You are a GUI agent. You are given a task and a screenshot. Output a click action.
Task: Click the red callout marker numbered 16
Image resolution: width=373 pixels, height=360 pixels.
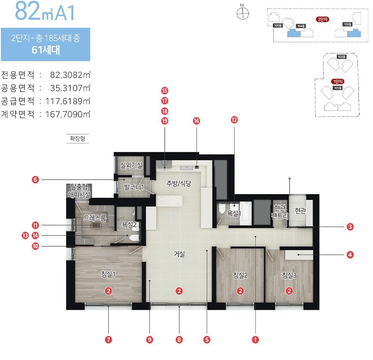pos(196,121)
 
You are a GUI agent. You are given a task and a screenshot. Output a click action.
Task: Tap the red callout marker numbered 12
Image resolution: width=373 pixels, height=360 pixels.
pos(234,120)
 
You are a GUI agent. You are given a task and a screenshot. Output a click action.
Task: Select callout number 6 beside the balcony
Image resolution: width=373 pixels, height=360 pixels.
pos(35,180)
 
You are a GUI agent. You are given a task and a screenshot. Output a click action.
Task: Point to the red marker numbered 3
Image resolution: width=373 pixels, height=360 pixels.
pos(350,227)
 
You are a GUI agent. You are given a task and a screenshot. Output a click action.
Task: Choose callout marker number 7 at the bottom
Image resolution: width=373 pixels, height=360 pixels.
pos(109,340)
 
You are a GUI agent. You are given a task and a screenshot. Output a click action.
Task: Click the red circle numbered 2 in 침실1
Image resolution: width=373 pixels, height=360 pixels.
pos(109,291)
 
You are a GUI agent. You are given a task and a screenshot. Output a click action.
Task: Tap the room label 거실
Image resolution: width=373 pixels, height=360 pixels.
pos(179,254)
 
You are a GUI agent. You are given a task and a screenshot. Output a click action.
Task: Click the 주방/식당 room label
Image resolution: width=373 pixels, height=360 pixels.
pos(178,183)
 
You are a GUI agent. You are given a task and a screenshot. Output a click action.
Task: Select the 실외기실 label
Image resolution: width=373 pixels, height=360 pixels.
pos(131,165)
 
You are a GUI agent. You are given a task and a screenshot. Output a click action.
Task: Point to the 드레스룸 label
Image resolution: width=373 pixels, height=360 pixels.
pos(95,218)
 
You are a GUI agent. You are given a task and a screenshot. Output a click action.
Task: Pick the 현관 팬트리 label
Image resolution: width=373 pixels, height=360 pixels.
pos(280,212)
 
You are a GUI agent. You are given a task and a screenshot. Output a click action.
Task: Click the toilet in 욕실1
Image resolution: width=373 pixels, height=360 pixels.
pos(222,209)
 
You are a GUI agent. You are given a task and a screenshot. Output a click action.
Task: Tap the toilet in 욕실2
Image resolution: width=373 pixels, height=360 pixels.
pos(134,238)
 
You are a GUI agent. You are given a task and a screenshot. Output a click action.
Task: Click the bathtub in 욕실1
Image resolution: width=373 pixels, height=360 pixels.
pos(246,213)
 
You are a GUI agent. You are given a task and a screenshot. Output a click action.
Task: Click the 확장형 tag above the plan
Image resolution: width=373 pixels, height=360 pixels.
pos(78,138)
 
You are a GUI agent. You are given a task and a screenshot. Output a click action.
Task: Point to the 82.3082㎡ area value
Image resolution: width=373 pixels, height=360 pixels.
pos(70,75)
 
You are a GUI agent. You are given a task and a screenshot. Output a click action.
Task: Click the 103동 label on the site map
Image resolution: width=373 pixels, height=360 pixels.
pos(348,24)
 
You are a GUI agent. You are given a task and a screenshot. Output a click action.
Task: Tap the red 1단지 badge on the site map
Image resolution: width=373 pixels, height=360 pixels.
pos(338,82)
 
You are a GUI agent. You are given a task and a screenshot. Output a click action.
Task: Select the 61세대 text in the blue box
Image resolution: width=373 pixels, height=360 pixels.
pos(45,50)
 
